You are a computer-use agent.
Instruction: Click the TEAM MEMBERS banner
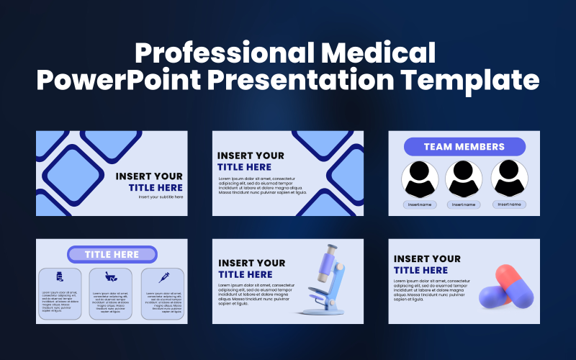click(x=464, y=147)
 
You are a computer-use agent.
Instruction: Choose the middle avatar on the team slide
click(x=464, y=179)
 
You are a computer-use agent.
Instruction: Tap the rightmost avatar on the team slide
click(x=509, y=179)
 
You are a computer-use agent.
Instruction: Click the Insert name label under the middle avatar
click(x=464, y=204)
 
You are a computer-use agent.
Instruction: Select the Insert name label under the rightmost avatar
click(x=509, y=204)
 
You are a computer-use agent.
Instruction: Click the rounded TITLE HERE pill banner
click(x=112, y=254)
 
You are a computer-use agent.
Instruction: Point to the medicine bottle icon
click(x=60, y=276)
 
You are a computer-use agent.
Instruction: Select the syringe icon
click(x=163, y=276)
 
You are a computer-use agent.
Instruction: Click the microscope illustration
click(x=324, y=281)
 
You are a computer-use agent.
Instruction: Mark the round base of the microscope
click(x=321, y=310)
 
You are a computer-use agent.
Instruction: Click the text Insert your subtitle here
click(x=161, y=197)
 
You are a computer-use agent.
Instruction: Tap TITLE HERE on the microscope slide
click(x=246, y=274)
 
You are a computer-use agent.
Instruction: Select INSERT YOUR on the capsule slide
click(x=427, y=258)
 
